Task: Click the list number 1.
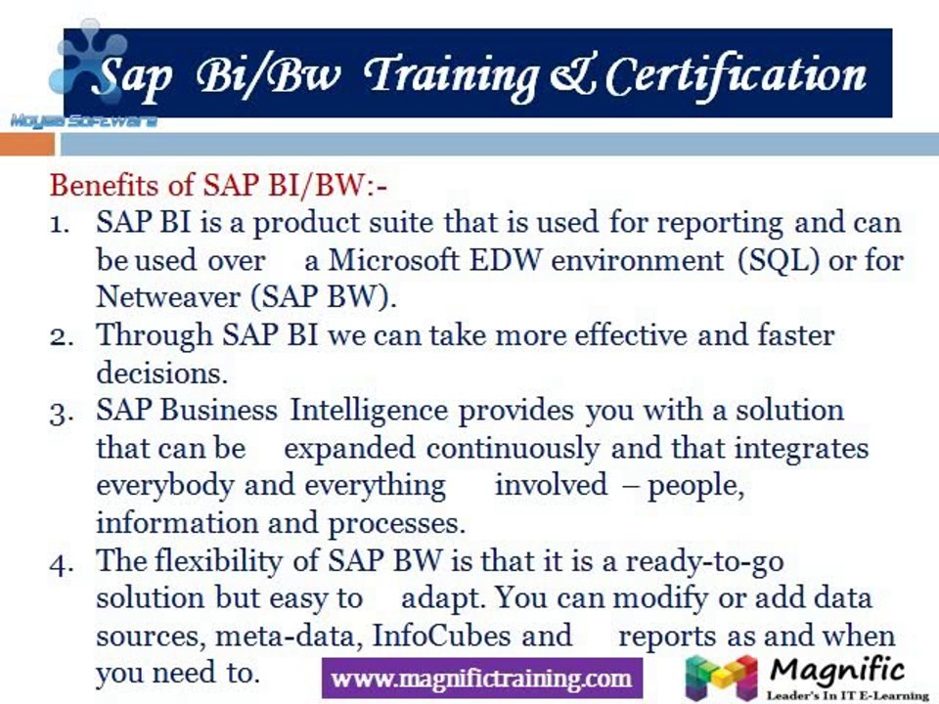(60, 224)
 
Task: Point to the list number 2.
(60, 336)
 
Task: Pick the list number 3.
(60, 412)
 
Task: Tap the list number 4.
(60, 562)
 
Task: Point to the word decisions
(160, 374)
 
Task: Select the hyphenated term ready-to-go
(704, 562)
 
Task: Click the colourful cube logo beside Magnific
(722, 678)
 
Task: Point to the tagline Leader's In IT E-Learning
(846, 695)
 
